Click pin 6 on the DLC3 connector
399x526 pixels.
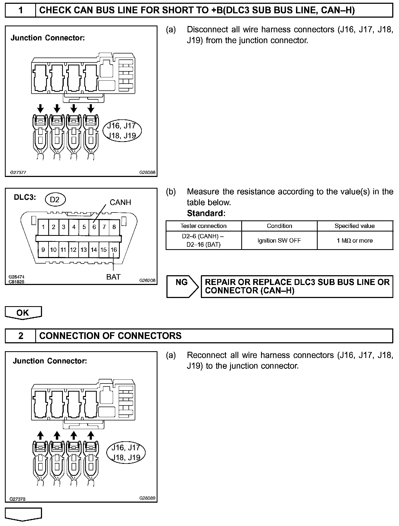click(94, 227)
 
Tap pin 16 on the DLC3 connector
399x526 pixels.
click(114, 249)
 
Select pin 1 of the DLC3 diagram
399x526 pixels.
click(43, 227)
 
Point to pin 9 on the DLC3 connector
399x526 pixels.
click(43, 249)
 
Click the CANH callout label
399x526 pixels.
click(120, 202)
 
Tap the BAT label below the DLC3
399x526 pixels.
click(113, 277)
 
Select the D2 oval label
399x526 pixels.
click(55, 200)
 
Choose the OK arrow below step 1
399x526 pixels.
click(23, 313)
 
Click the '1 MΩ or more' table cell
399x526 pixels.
click(355, 240)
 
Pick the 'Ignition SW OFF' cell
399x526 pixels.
click(279, 240)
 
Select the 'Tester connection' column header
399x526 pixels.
click(203, 226)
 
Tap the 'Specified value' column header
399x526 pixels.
click(355, 226)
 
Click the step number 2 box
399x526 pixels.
click(21, 336)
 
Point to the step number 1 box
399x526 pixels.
click(21, 10)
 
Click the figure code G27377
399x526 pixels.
click(18, 172)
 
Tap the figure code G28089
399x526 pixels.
click(147, 498)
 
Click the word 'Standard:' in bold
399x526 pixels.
click(206, 213)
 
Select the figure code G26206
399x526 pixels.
click(147, 281)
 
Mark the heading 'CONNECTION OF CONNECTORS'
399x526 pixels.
click(110, 336)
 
